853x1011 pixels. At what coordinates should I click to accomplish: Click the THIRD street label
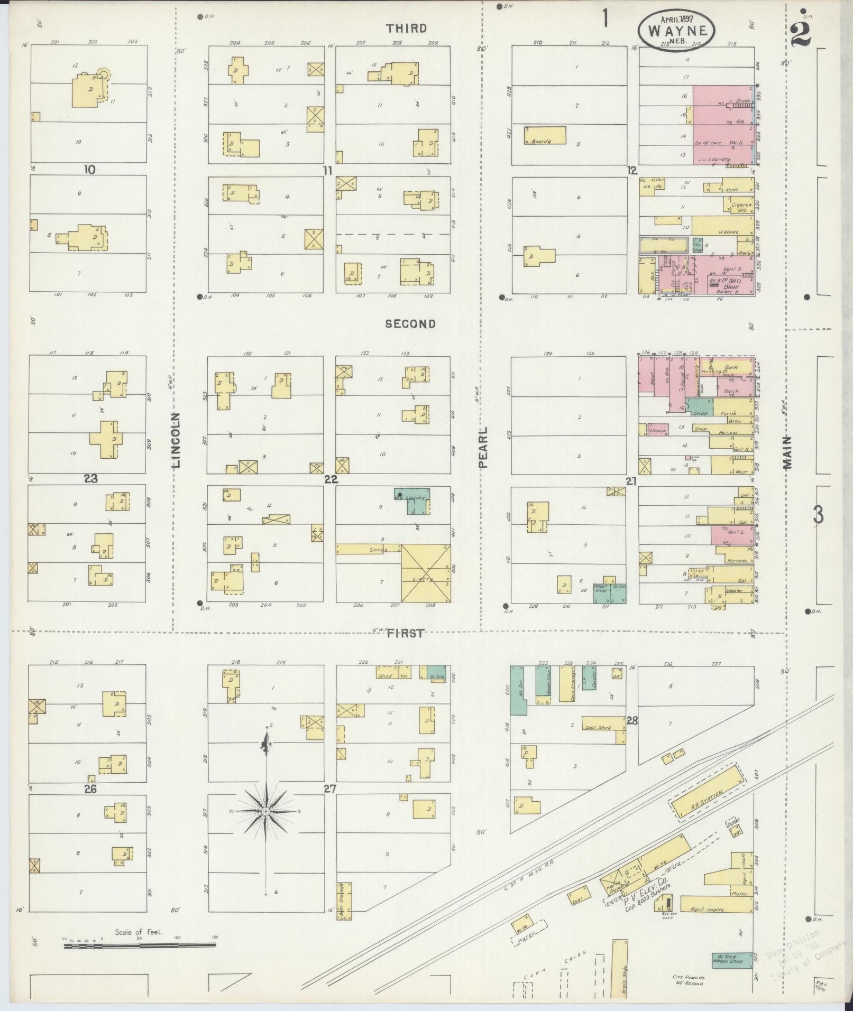tap(406, 29)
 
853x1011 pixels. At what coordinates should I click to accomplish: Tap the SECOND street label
tap(410, 324)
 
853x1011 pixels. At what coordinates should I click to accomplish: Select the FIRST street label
tap(406, 633)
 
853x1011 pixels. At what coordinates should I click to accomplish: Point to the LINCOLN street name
tap(177, 440)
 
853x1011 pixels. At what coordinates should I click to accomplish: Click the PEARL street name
tap(482, 448)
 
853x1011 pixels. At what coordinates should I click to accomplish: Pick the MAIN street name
tap(788, 453)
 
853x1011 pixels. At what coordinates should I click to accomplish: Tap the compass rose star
tap(266, 811)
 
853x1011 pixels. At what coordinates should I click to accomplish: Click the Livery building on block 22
tap(426, 574)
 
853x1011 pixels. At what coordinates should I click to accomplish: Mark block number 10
tap(89, 170)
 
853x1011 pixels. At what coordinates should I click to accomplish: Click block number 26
tap(90, 789)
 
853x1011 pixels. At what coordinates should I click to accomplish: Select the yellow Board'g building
tap(545, 135)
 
